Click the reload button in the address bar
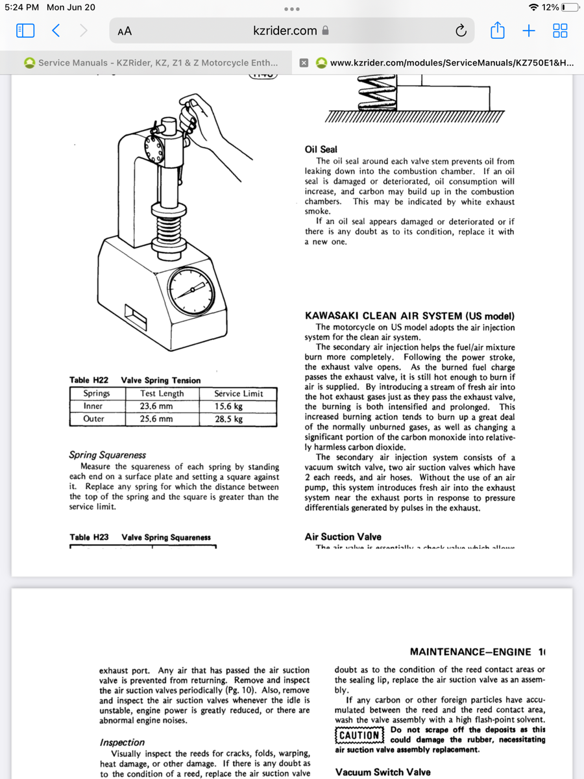461,31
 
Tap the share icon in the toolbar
497,31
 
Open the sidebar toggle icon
25,31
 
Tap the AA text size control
125,31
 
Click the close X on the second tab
303,63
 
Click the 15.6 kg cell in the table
229,406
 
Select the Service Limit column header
238,393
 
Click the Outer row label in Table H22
93,419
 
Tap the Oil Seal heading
321,149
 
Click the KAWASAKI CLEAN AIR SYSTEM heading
409,316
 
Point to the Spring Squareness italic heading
107,455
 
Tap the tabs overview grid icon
559,31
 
